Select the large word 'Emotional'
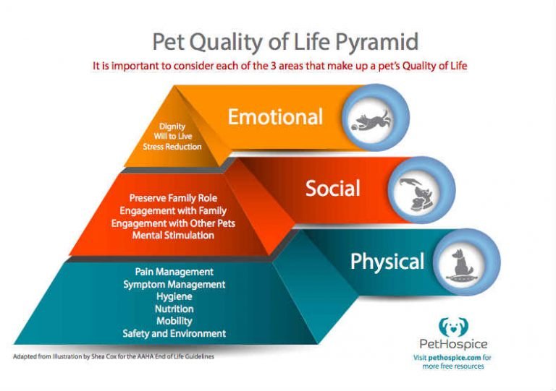[x=275, y=116]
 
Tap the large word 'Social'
[x=332, y=189]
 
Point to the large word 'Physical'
[x=387, y=261]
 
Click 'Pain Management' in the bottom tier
[x=174, y=272]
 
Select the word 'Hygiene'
[x=174, y=296]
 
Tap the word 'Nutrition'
[x=174, y=309]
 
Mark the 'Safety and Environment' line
[x=174, y=333]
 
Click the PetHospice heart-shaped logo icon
[x=454, y=327]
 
